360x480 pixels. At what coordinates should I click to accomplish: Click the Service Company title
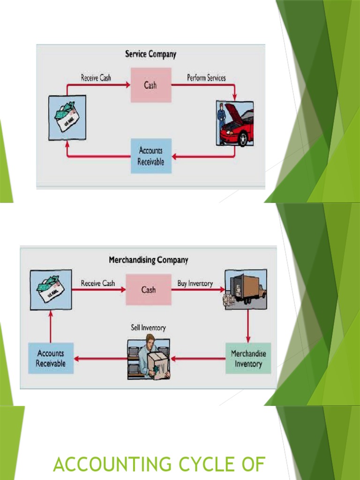[x=150, y=54]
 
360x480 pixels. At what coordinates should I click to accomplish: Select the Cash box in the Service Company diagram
[x=150, y=85]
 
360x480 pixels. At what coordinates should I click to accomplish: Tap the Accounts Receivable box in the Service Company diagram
[x=150, y=156]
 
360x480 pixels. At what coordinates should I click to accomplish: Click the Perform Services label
[x=206, y=78]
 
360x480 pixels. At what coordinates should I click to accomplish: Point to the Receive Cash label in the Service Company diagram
[x=96, y=78]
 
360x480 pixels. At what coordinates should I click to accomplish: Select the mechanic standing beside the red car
[x=222, y=123]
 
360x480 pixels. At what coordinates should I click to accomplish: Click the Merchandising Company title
[x=148, y=260]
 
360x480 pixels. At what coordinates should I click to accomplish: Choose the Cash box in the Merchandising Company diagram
[x=149, y=290]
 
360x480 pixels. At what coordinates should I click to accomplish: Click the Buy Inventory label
[x=195, y=284]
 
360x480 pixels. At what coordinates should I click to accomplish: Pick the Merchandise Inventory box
[x=248, y=359]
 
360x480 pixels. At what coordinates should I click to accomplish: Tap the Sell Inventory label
[x=148, y=328]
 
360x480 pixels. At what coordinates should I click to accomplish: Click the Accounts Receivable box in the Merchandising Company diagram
[x=51, y=359]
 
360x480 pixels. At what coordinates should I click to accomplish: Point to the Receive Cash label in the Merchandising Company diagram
[x=97, y=284]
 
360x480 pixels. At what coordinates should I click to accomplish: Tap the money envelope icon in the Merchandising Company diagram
[x=51, y=289]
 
